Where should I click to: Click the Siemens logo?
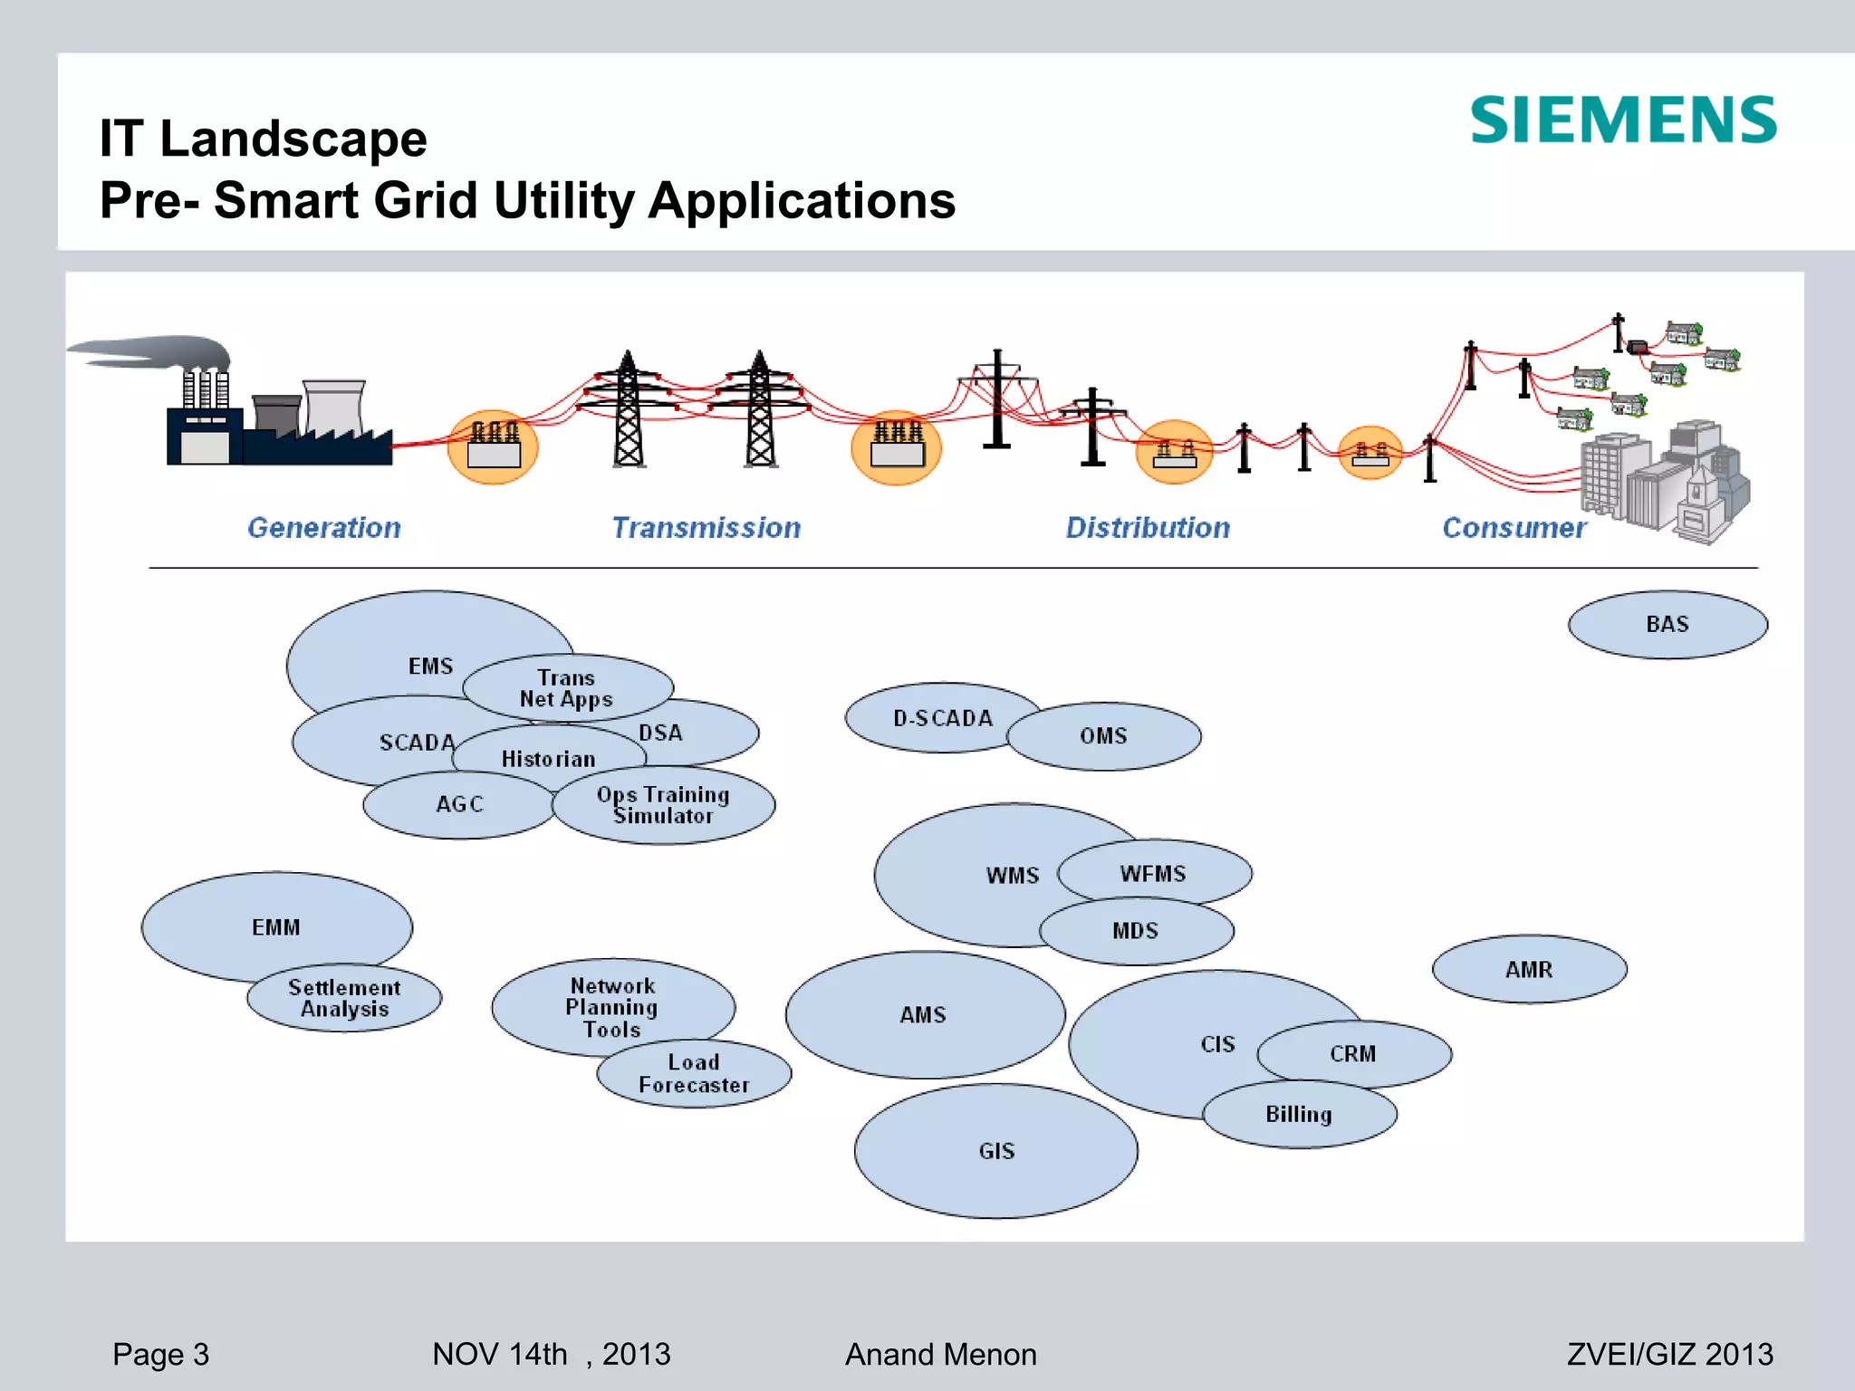[1622, 120]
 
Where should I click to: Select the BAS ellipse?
[1667, 625]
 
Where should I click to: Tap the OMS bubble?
[1103, 736]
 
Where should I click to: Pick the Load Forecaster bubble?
[694, 1074]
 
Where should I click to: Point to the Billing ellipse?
[1299, 1115]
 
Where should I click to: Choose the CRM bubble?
[1353, 1054]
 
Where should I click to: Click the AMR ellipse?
[1529, 970]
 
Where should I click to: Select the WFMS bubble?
[1153, 874]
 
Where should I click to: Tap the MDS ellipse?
[1136, 931]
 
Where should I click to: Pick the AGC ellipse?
[459, 804]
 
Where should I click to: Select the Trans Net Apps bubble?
[567, 688]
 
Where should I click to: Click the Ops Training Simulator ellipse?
[664, 806]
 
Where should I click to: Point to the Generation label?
[324, 528]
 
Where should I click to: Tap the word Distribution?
[1148, 528]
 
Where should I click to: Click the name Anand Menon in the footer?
[940, 1354]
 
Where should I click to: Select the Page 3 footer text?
[160, 1354]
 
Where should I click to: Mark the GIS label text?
[996, 1151]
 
